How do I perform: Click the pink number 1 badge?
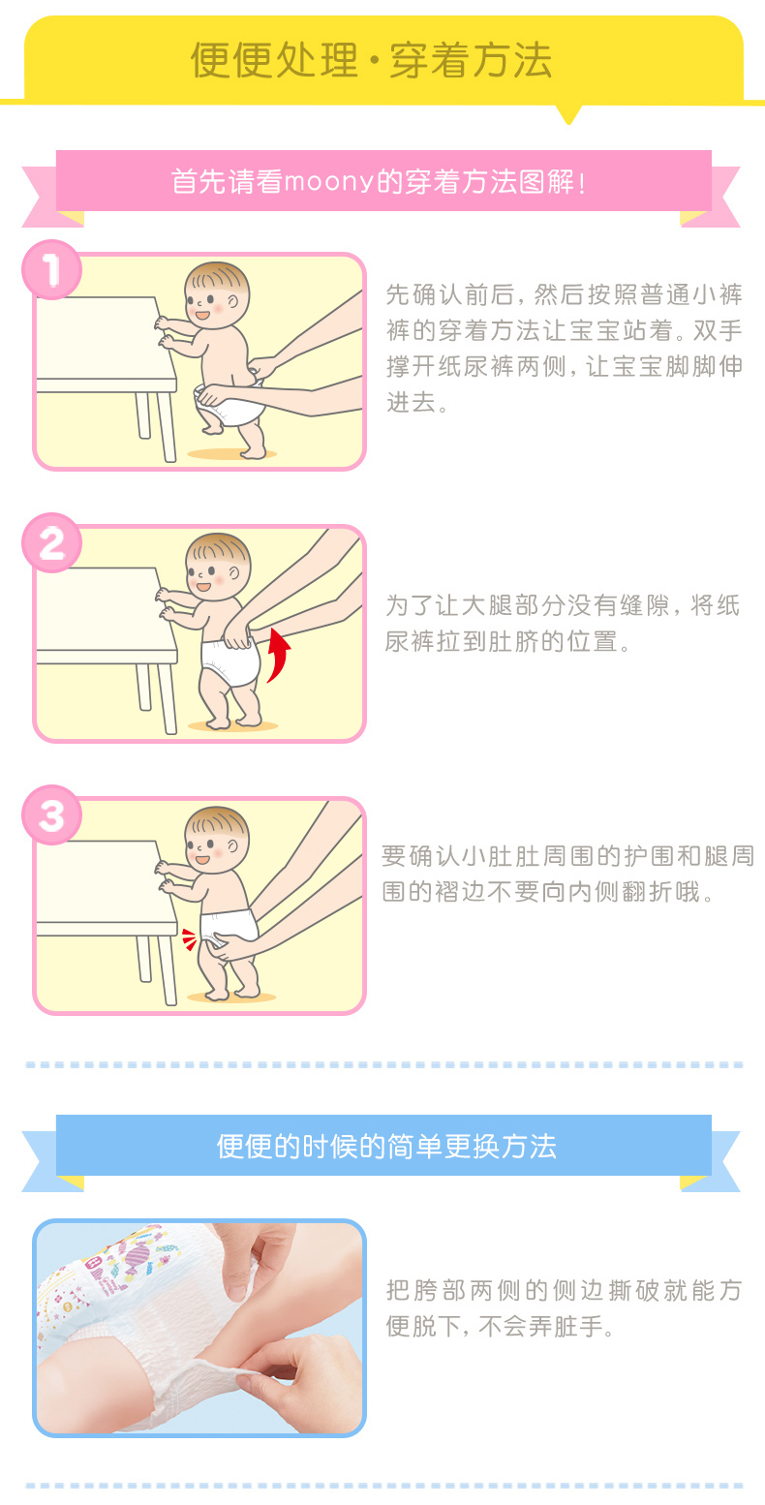coord(51,269)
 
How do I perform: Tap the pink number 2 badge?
coord(51,543)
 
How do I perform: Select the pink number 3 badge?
coord(51,815)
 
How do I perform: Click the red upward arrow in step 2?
coord(279,654)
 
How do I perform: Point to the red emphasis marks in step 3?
coord(190,939)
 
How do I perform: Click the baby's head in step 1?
coord(217,295)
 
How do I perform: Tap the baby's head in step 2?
coord(218,567)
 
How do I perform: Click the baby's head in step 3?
coord(217,839)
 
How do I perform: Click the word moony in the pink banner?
coord(328,182)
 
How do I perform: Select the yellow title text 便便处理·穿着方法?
coord(371,60)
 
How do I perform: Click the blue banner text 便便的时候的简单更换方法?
coord(386,1147)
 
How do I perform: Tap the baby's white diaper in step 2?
coord(230,661)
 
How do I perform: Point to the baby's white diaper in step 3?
coord(229,927)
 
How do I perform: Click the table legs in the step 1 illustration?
coord(156,424)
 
